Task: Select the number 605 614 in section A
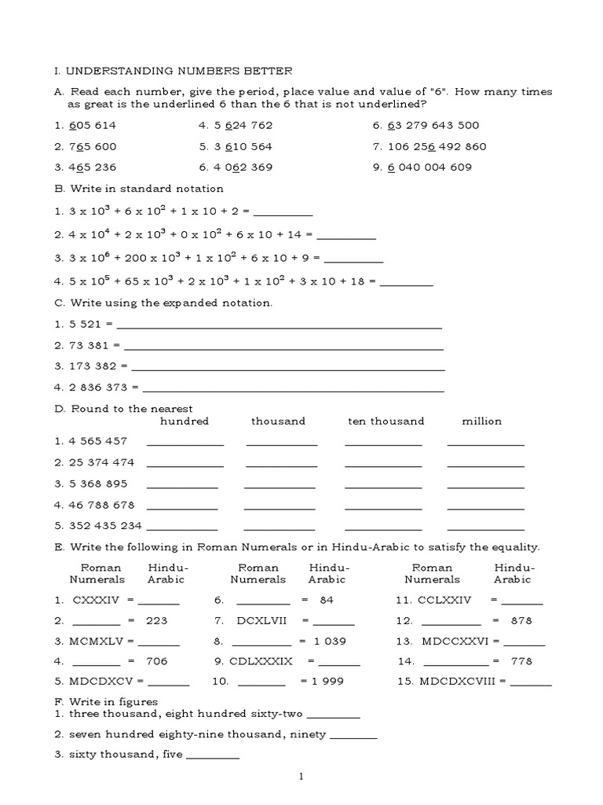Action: click(93, 125)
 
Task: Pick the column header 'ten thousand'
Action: click(386, 421)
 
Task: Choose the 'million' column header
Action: click(481, 421)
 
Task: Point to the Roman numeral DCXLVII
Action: click(264, 620)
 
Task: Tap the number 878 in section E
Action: click(521, 620)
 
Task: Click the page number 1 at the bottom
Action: click(301, 777)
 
